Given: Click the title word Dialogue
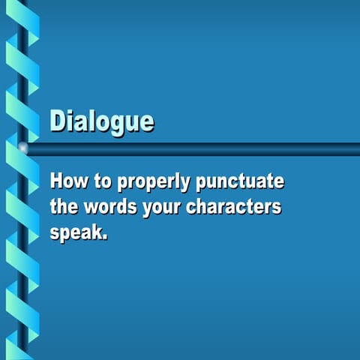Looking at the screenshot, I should tap(102, 121).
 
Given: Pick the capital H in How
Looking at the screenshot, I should tap(56, 181).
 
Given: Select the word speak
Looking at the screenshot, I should tap(76, 232).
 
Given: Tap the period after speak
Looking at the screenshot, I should tap(106, 237).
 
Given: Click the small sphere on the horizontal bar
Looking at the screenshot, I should tap(23, 148).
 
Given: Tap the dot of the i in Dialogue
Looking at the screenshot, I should tap(71, 112).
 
